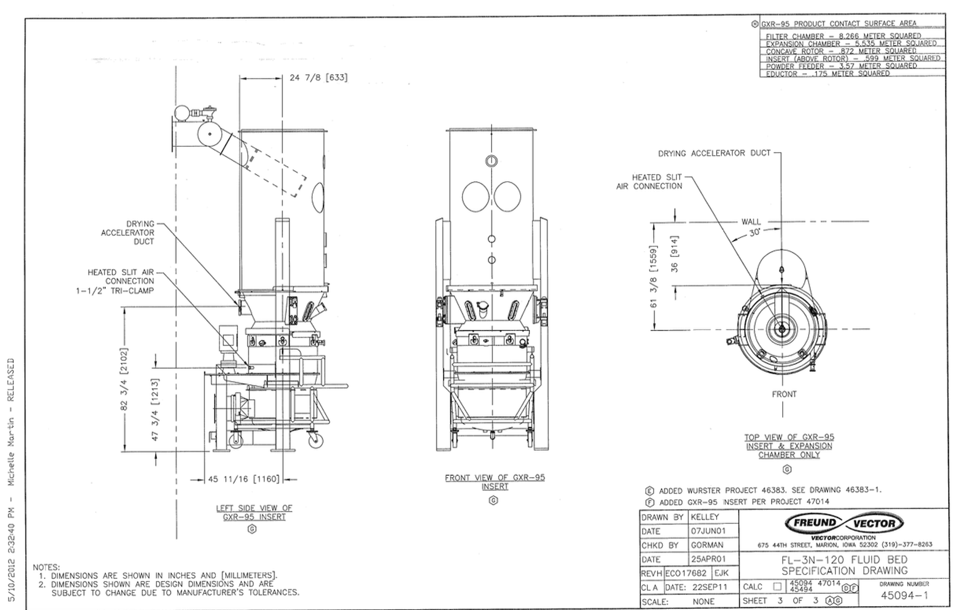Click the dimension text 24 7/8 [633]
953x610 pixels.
tap(318, 78)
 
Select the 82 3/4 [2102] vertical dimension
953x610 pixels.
tap(124, 379)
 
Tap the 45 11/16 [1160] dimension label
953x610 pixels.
tap(243, 479)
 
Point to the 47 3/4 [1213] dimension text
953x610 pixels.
tap(156, 410)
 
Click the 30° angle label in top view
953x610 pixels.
tap(755, 233)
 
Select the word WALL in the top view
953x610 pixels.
tap(751, 221)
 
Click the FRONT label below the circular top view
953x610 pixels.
tap(784, 394)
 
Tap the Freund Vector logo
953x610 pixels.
tap(844, 523)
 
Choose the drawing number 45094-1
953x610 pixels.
tap(904, 595)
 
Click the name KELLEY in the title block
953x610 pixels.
tap(704, 517)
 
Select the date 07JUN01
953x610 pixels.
tap(708, 531)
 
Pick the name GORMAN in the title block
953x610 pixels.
tap(707, 545)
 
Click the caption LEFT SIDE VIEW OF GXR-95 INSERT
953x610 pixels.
tap(254, 512)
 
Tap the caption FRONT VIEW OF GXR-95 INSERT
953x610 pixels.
tap(494, 482)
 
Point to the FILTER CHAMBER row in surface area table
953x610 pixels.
tap(843, 36)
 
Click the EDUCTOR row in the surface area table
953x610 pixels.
tap(827, 74)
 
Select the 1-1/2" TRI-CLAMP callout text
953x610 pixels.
tap(114, 291)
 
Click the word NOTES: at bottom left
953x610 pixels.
tap(46, 567)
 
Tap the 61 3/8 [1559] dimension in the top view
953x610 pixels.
tap(654, 276)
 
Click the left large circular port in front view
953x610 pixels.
tap(475, 197)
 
